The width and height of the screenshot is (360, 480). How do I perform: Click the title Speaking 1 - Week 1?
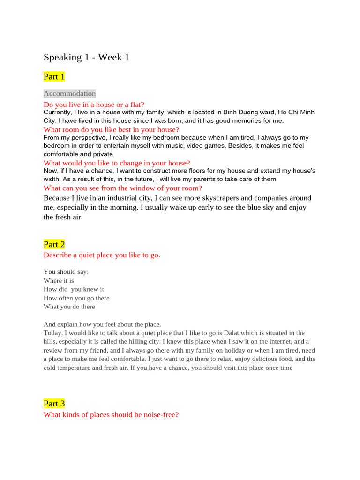86,57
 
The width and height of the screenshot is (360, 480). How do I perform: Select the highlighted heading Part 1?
54,76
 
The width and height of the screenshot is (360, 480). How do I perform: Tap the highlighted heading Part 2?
54,244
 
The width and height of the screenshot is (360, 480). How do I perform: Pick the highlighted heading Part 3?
54,404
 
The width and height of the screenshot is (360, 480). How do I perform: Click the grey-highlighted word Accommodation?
69,93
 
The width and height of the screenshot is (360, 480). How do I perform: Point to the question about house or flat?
94,105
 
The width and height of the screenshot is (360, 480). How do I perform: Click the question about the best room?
111,129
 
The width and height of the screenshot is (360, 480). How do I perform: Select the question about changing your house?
117,163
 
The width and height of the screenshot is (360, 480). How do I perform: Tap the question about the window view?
122,188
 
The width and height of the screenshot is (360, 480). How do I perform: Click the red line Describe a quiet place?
102,255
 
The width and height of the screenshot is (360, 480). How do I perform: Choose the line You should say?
66,272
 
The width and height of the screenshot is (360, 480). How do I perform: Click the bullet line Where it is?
59,280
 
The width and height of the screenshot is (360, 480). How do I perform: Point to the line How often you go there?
76,298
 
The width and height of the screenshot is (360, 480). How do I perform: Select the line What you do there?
69,307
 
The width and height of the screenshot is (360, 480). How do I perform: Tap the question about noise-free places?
111,415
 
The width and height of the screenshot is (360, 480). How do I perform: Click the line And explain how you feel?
102,324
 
